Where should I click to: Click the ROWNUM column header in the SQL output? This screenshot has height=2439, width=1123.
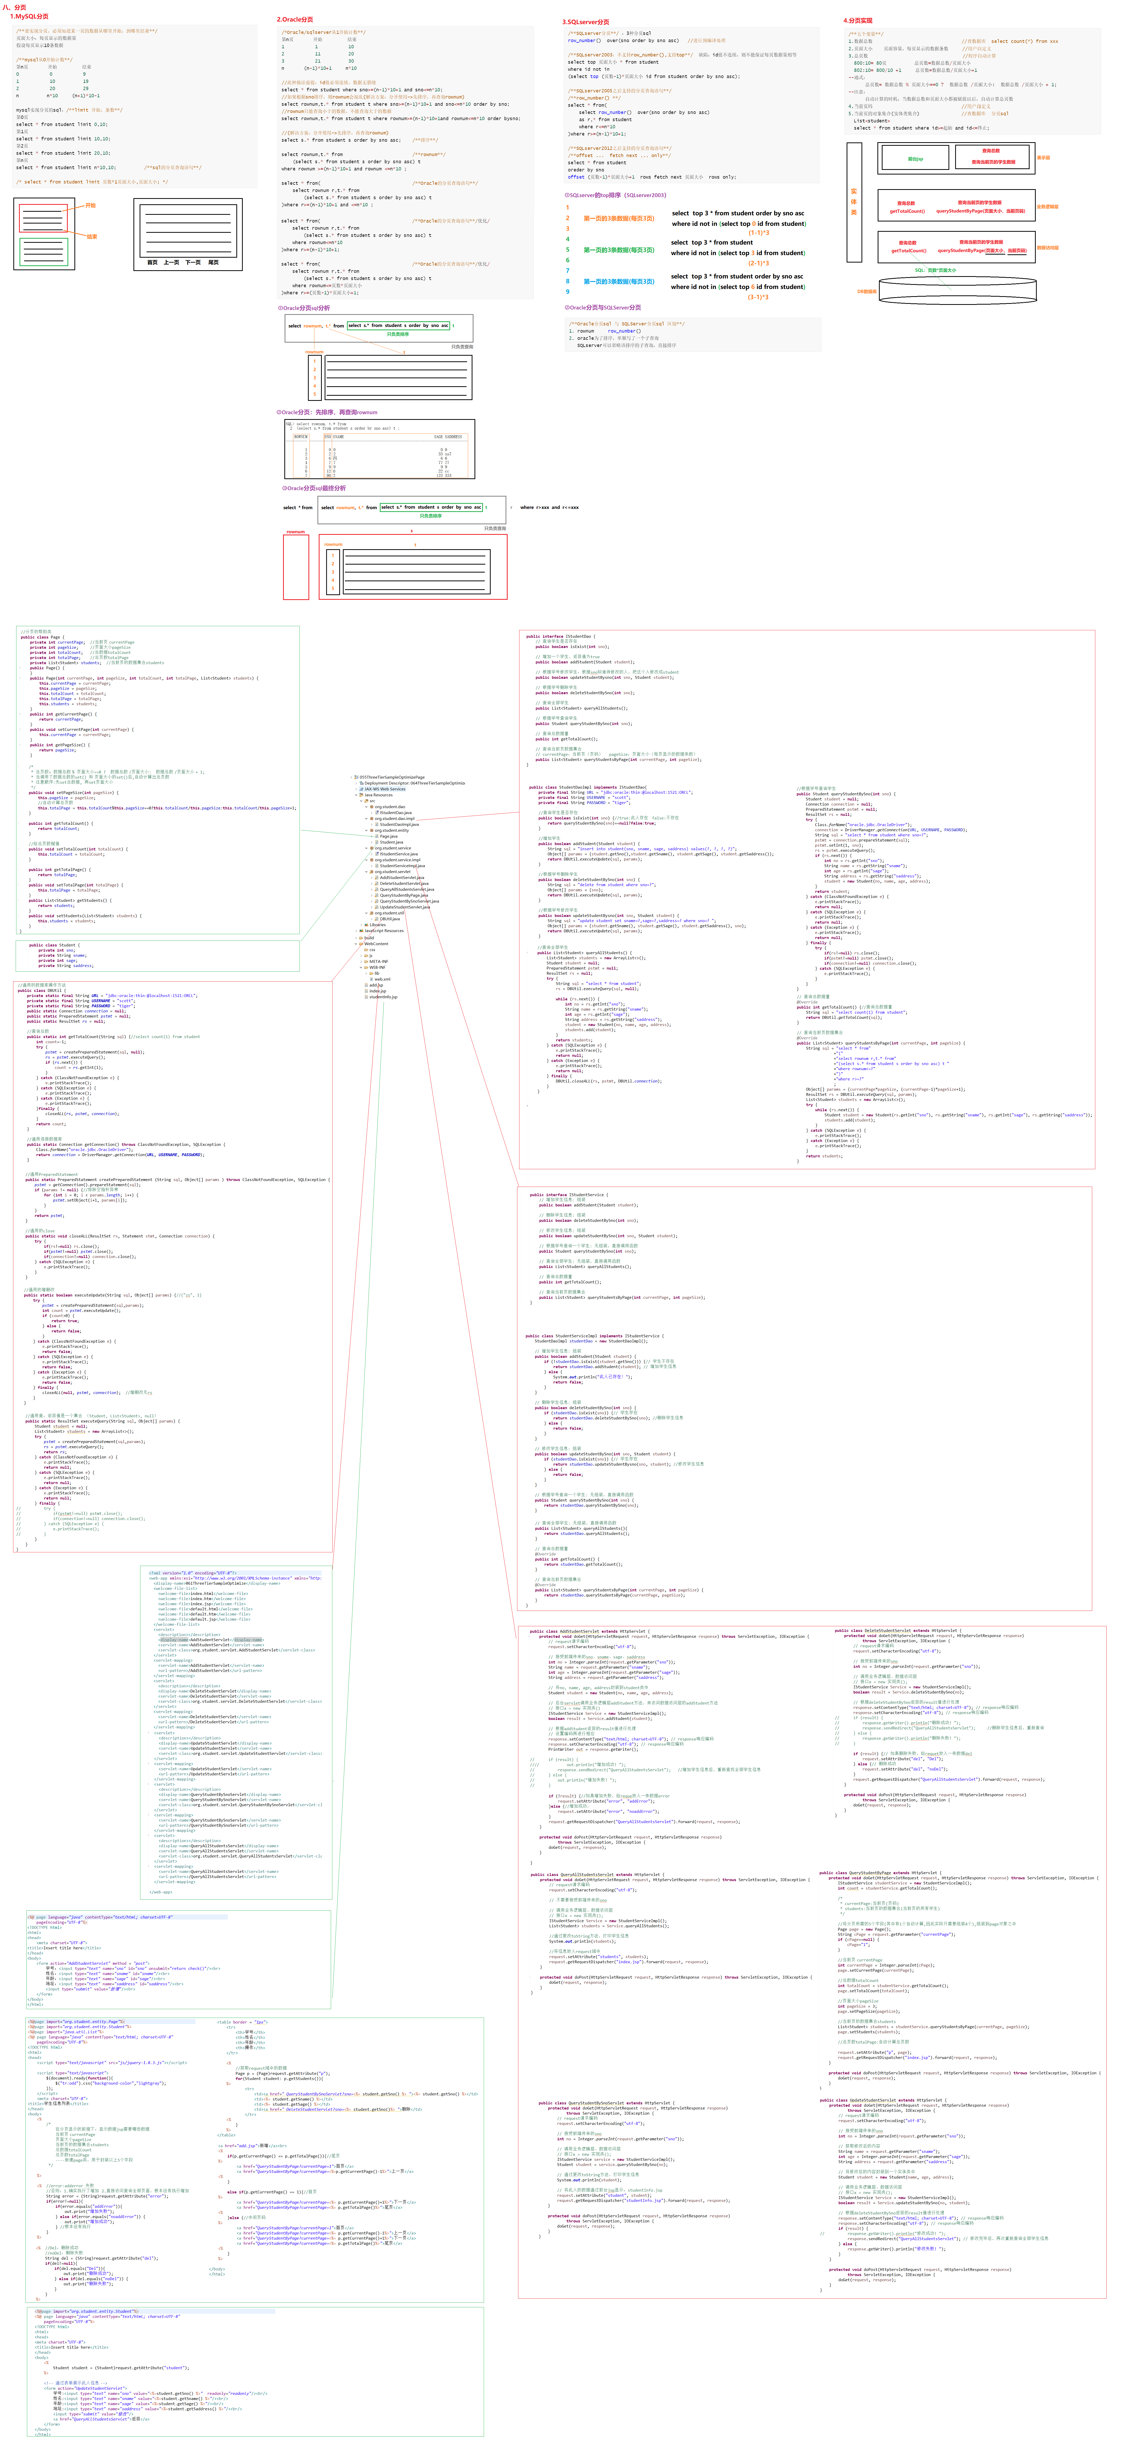click(x=301, y=437)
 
